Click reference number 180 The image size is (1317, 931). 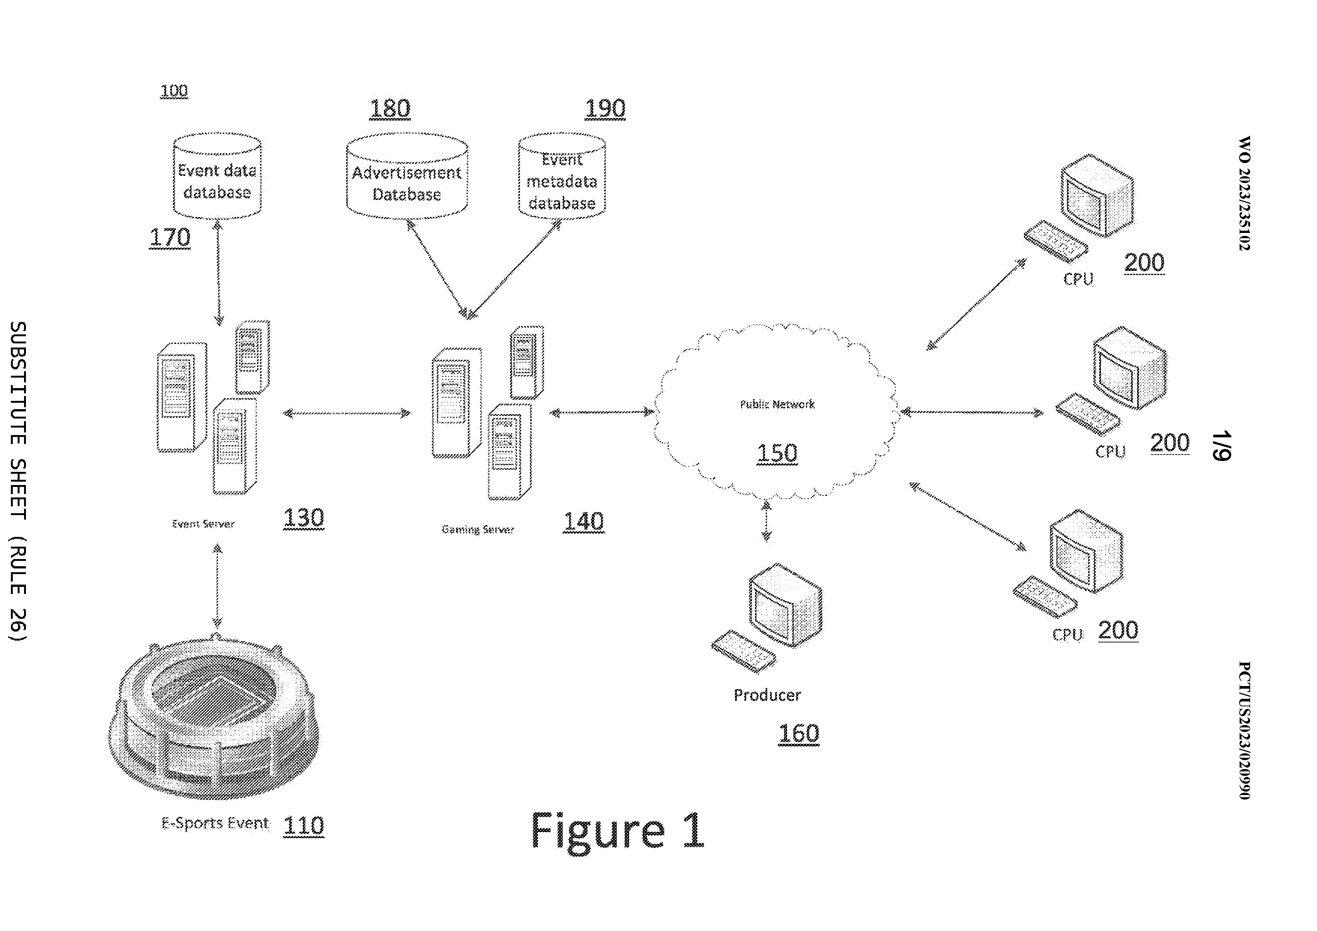click(x=390, y=109)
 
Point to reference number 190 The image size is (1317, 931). click(x=605, y=109)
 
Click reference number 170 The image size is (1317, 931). click(x=170, y=237)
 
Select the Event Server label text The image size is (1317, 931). click(x=203, y=524)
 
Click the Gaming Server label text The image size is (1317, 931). click(x=477, y=529)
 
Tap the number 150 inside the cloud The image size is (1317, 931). click(x=777, y=453)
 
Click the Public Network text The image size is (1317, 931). click(x=777, y=404)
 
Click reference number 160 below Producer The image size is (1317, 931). click(x=798, y=734)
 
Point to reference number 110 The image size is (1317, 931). click(x=304, y=825)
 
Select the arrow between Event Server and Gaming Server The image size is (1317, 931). click(x=347, y=413)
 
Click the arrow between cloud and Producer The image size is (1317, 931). click(x=766, y=521)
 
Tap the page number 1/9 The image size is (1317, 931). click(x=1222, y=445)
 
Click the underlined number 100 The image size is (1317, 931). click(x=174, y=91)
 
